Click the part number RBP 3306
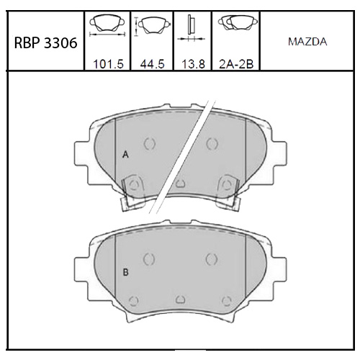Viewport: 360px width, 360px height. pos(45,43)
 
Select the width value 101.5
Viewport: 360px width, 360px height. pos(108,64)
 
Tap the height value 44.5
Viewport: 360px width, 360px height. pos(152,64)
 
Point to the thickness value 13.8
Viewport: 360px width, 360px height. pos(193,64)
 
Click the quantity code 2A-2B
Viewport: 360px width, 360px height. pos(236,64)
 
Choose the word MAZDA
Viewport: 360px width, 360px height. pos(307,42)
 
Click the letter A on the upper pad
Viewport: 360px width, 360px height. pos(125,155)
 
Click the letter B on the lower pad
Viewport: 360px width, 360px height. pos(125,272)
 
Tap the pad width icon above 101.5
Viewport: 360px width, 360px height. pos(107,25)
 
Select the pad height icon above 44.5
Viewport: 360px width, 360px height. pos(153,25)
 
